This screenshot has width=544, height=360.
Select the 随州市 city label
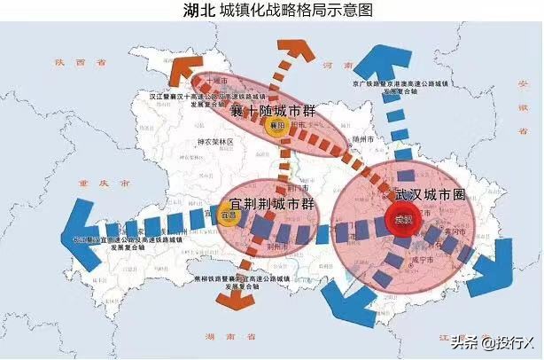[x=359, y=139]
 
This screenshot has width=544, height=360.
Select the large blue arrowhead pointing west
[x=81, y=238]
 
